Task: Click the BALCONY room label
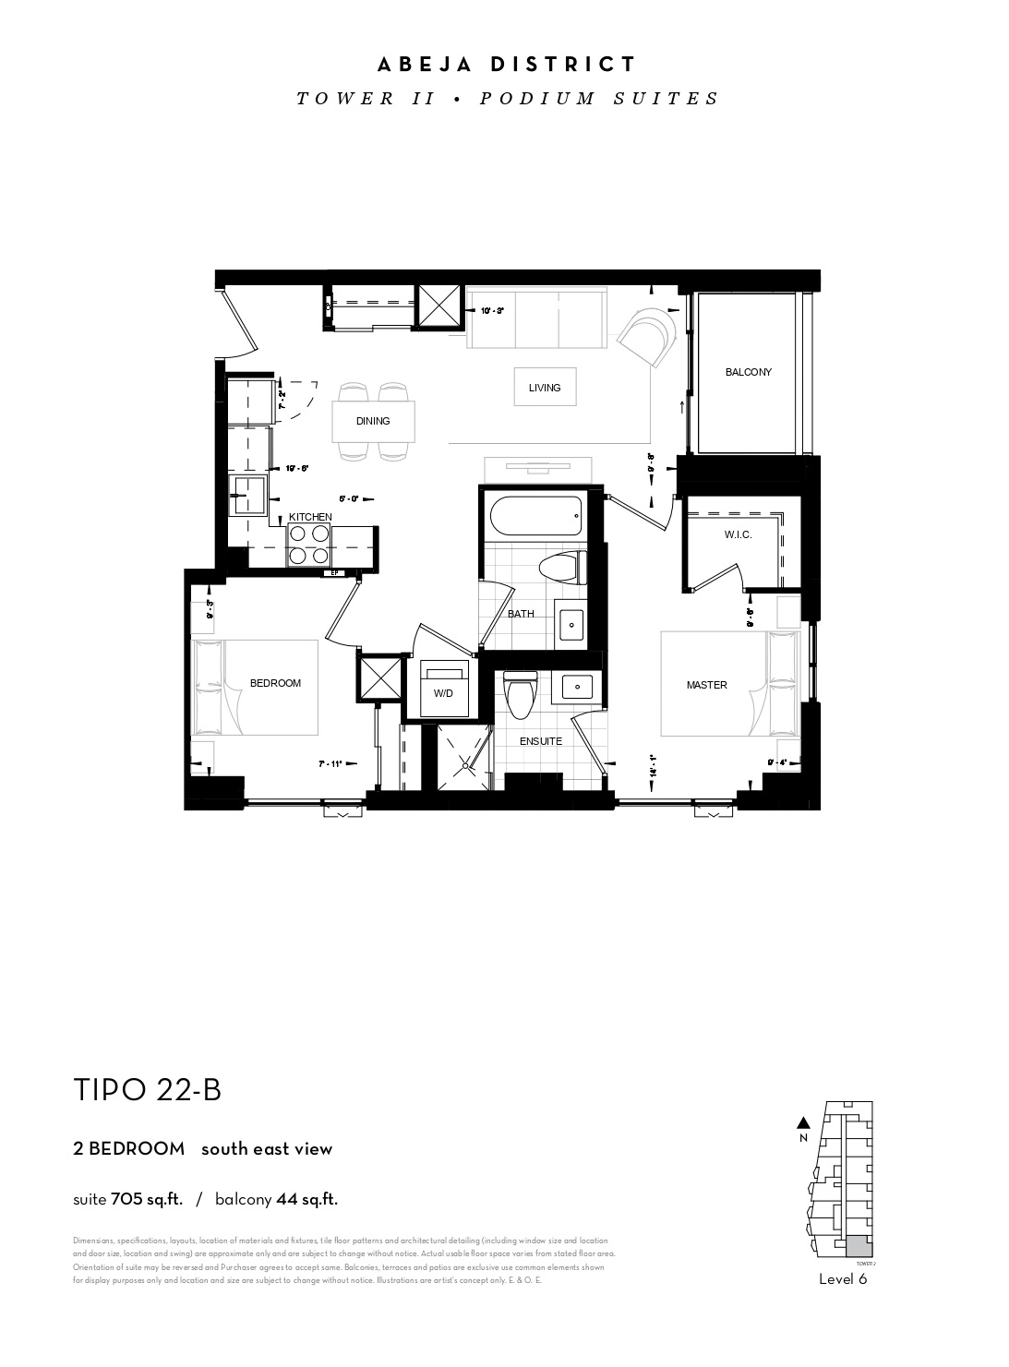pyautogui.click(x=748, y=372)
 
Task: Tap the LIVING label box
pyautogui.click(x=545, y=388)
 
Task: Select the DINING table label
pyautogui.click(x=373, y=421)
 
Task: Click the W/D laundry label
pyautogui.click(x=443, y=690)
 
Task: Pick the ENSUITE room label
pyautogui.click(x=540, y=740)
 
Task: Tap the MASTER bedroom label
pyautogui.click(x=706, y=685)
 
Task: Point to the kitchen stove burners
pyautogui.click(x=309, y=544)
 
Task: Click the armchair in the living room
pyautogui.click(x=651, y=336)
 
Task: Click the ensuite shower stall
pyautogui.click(x=464, y=757)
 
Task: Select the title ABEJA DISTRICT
pyautogui.click(x=507, y=65)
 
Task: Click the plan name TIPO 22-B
pyautogui.click(x=148, y=1090)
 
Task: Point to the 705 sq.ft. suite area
pyautogui.click(x=146, y=1200)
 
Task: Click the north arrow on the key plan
pyautogui.click(x=803, y=1123)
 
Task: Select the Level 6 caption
pyautogui.click(x=843, y=1279)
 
